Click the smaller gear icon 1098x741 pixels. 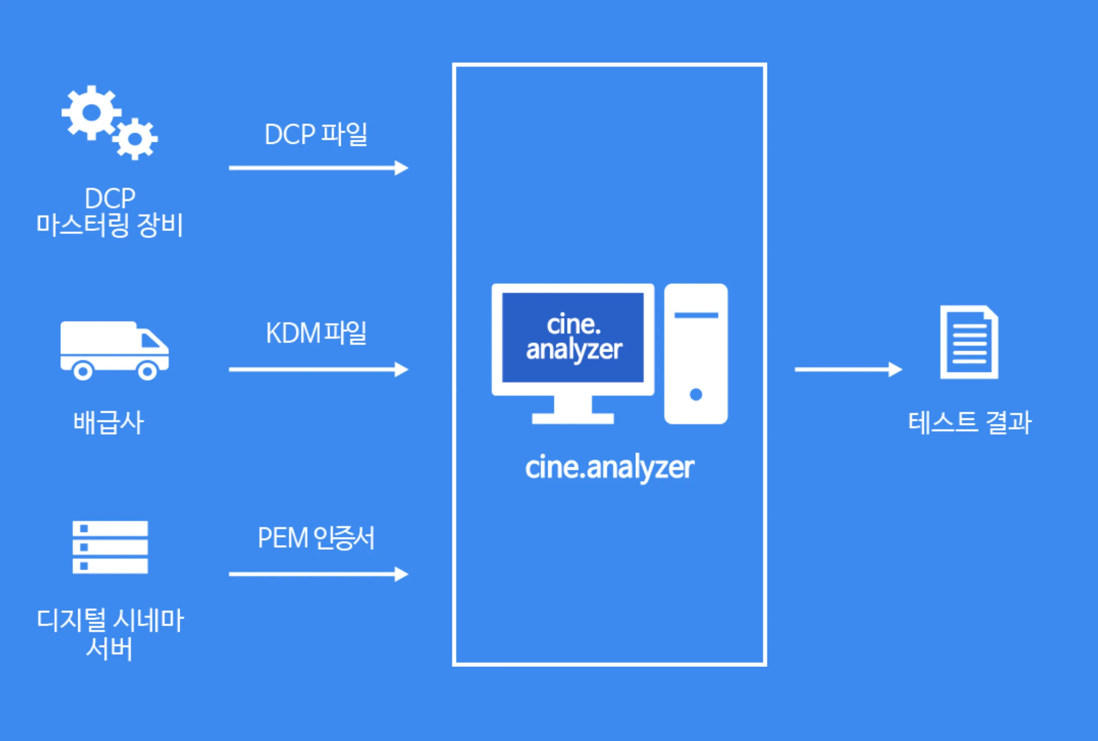coord(135,139)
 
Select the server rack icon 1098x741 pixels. coord(110,547)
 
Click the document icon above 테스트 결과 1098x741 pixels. coord(969,342)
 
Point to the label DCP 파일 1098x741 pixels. coord(316,134)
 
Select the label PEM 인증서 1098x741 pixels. coord(316,538)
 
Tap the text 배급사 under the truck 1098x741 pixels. coord(108,422)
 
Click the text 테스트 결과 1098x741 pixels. coord(969,422)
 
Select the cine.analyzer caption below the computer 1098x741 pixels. coord(609,467)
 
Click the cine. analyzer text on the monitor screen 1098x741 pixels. coord(574,337)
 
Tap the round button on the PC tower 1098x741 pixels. coord(696,394)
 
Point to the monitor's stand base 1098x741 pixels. coord(573,418)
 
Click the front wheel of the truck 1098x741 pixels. coord(147,371)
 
